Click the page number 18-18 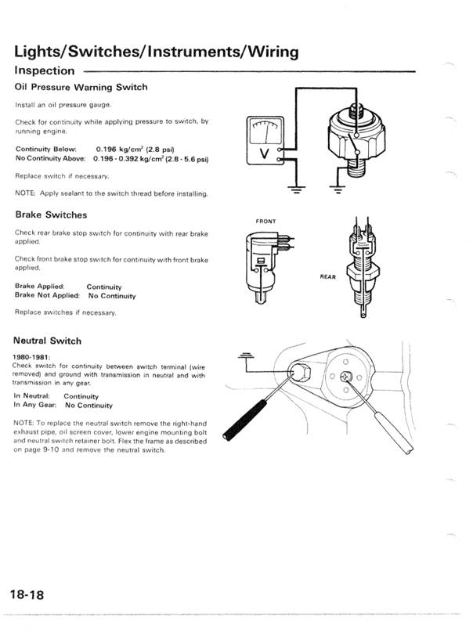(27, 595)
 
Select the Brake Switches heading (51, 215)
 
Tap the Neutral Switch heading (47, 341)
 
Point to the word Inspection (45, 70)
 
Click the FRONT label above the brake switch (265, 222)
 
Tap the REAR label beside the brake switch (328, 277)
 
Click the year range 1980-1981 (32, 357)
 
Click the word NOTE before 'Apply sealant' (25, 193)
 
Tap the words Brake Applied (39, 287)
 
